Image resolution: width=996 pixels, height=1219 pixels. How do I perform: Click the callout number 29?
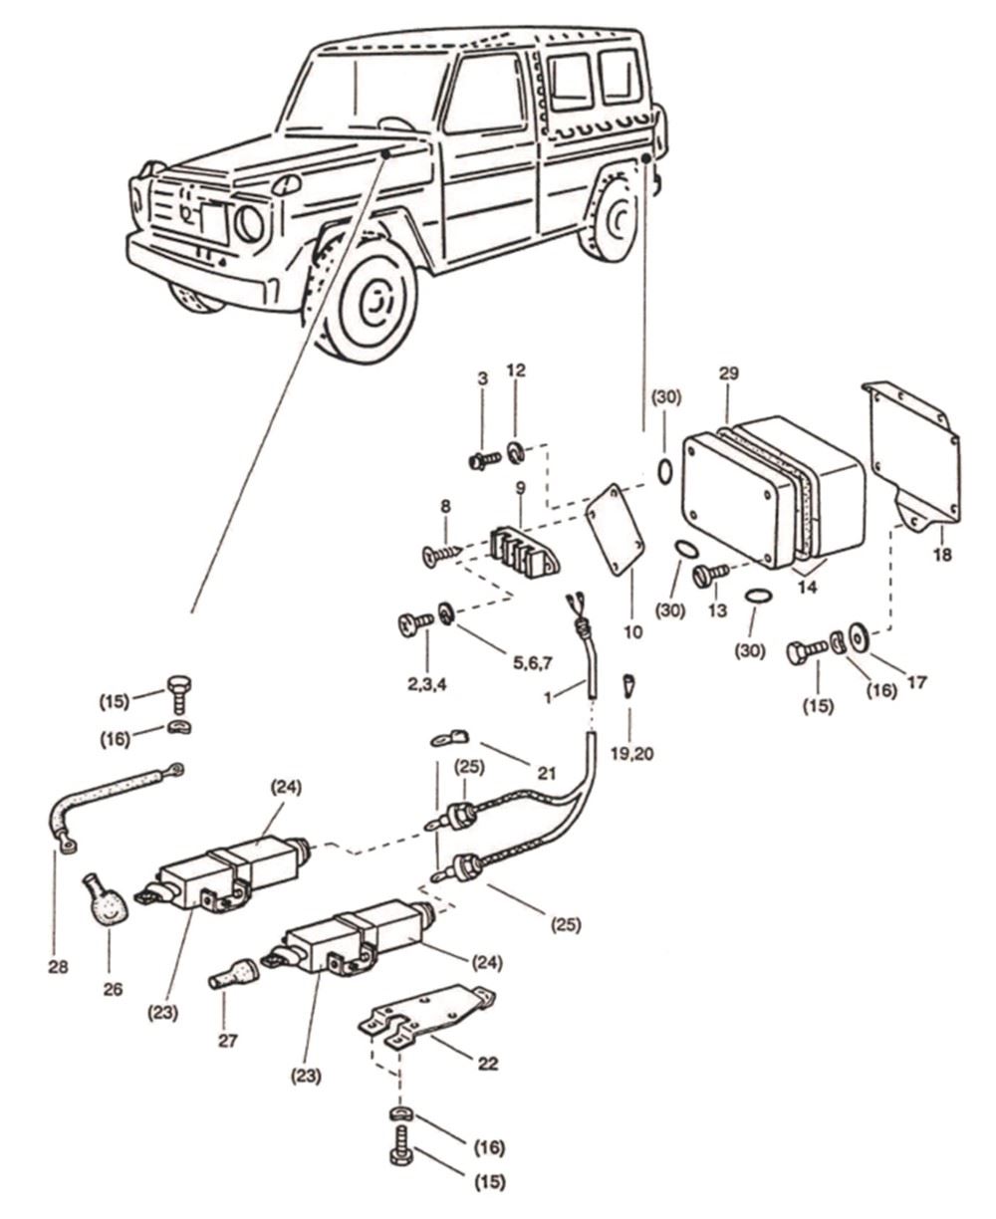point(728,373)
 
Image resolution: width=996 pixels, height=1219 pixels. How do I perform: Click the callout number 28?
point(59,965)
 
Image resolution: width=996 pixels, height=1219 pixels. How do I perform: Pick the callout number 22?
point(487,1063)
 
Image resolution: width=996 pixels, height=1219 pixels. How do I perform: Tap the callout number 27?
point(223,1040)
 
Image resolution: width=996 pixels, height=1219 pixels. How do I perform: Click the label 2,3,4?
point(426,686)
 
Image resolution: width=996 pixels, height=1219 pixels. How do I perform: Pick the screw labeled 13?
point(713,574)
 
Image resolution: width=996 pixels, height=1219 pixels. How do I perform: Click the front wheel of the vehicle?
point(368,300)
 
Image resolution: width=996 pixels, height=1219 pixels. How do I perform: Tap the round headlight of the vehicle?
point(249,224)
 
